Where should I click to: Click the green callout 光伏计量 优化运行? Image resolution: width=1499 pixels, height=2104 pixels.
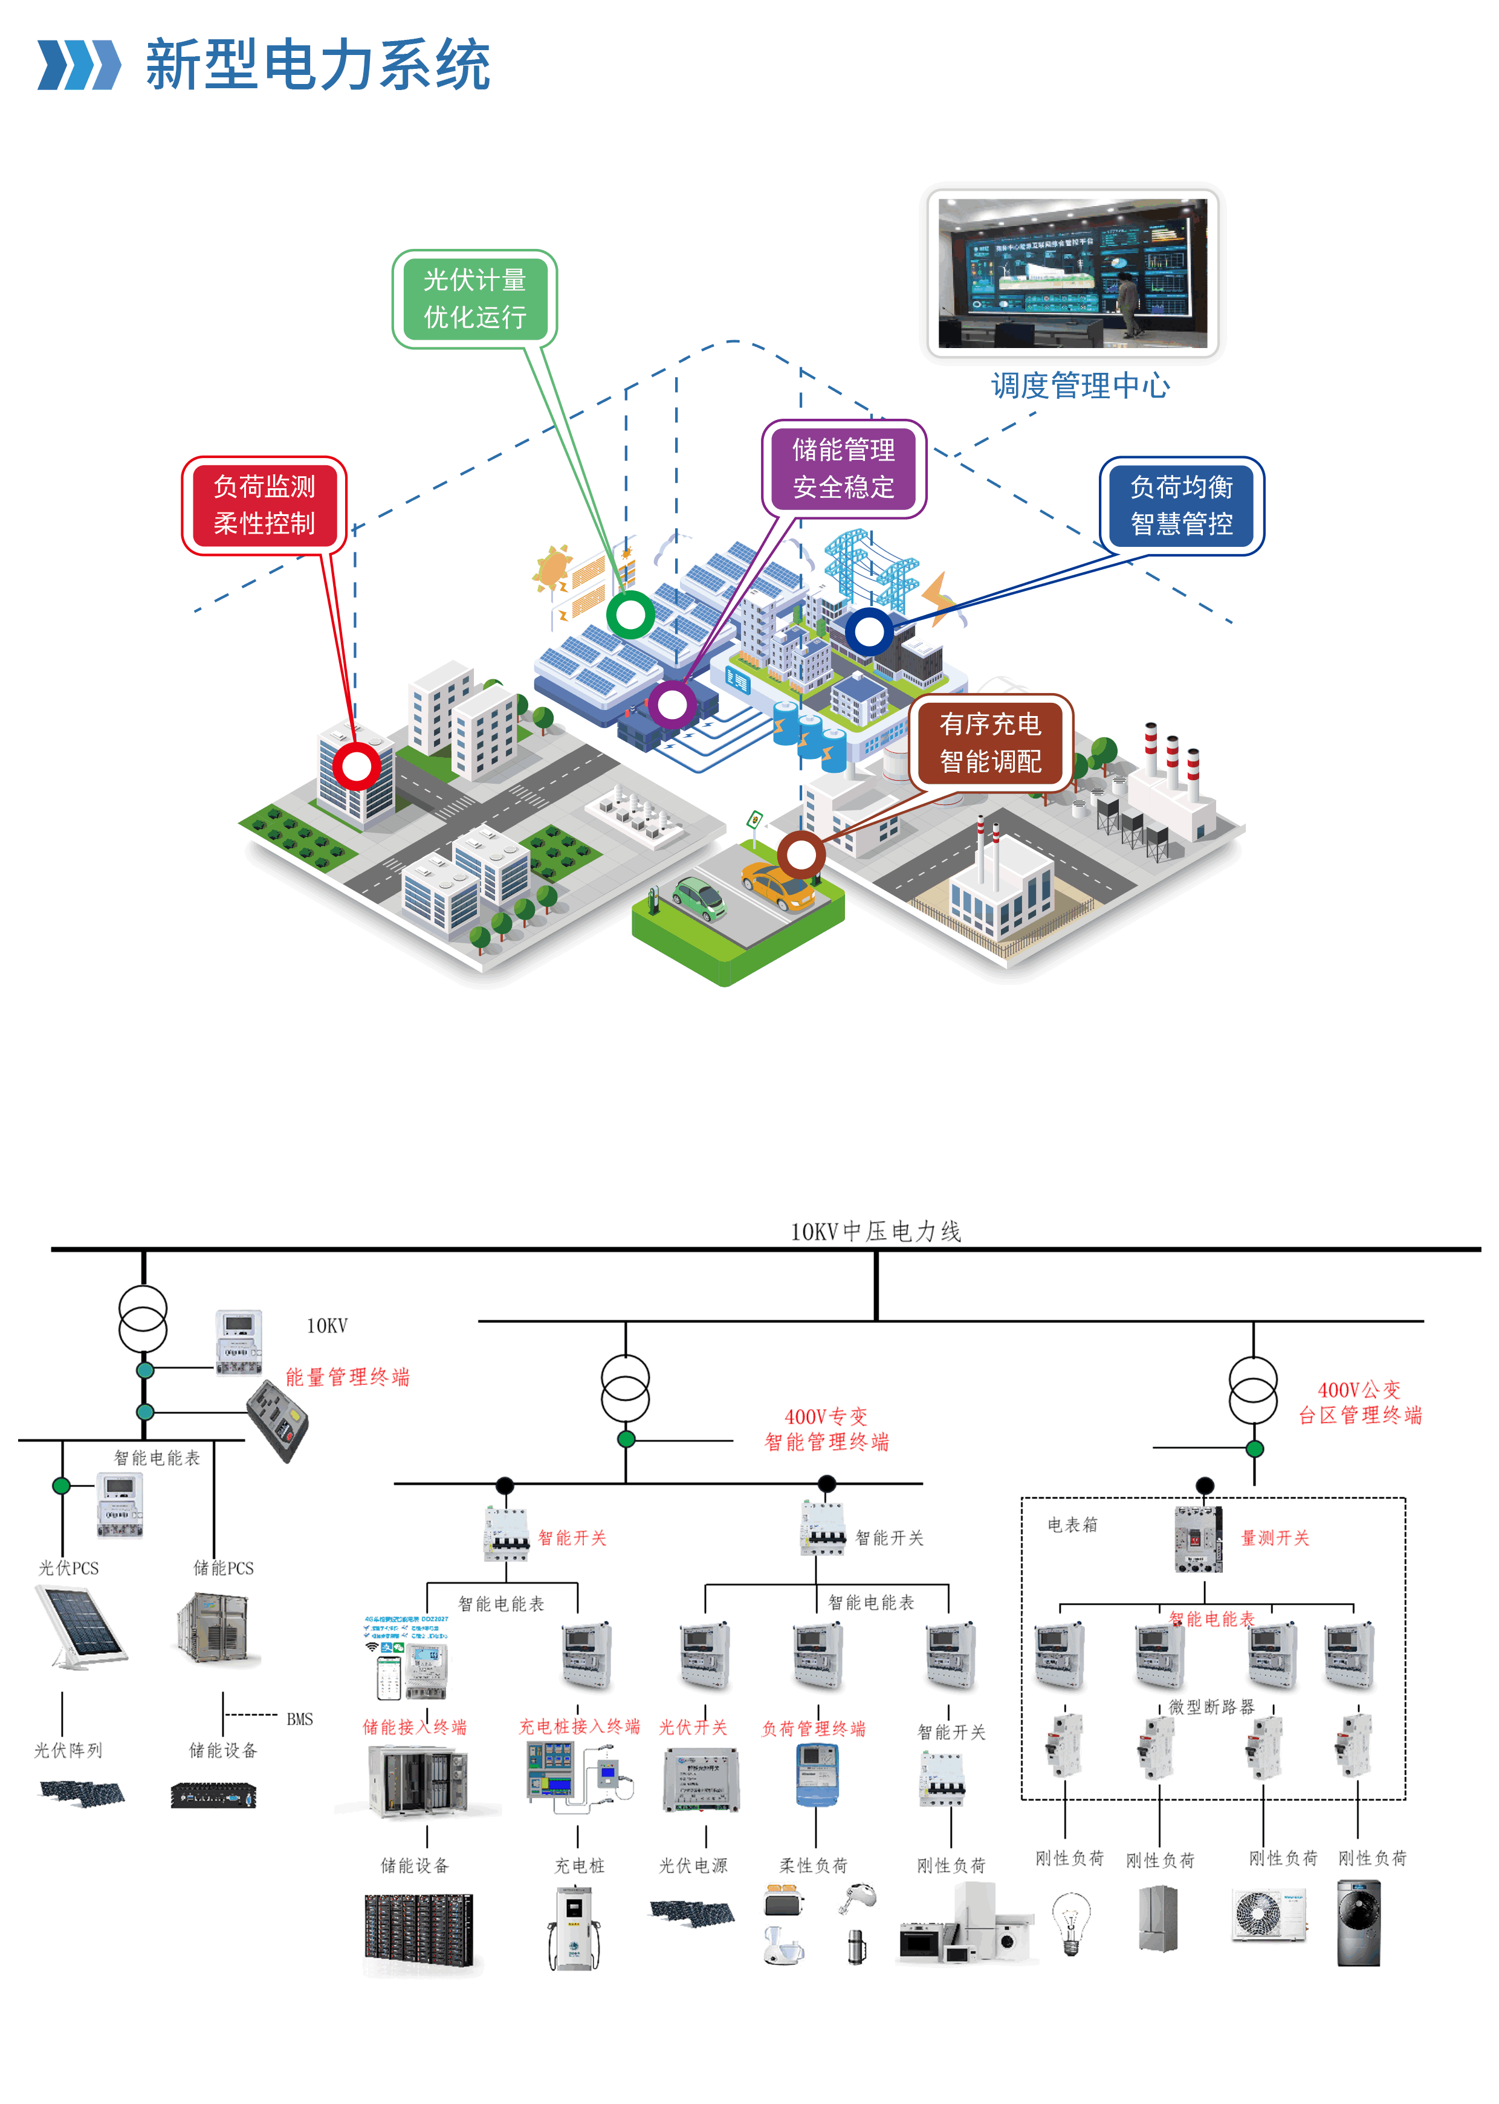(474, 298)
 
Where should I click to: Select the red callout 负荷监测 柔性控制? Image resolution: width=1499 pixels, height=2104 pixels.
(264, 505)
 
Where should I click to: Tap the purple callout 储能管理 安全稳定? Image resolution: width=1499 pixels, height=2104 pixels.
(844, 468)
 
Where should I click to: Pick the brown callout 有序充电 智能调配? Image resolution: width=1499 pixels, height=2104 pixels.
(991, 743)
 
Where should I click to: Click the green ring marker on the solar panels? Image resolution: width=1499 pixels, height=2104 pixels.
(630, 615)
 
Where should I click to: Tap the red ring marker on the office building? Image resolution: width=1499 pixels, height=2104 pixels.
(355, 766)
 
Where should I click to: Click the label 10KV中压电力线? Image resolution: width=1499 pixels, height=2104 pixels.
(875, 1231)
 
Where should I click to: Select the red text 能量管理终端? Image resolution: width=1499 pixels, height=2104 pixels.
(347, 1377)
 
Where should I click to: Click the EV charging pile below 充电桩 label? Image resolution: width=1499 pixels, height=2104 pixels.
(574, 1929)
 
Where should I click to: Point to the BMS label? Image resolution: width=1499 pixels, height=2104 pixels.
(299, 1719)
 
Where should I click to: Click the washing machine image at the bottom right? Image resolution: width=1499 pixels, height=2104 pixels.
(1359, 1924)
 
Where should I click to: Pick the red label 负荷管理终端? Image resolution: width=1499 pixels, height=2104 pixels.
(813, 1728)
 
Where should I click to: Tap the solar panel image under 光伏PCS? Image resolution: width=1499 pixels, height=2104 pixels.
(80, 1627)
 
